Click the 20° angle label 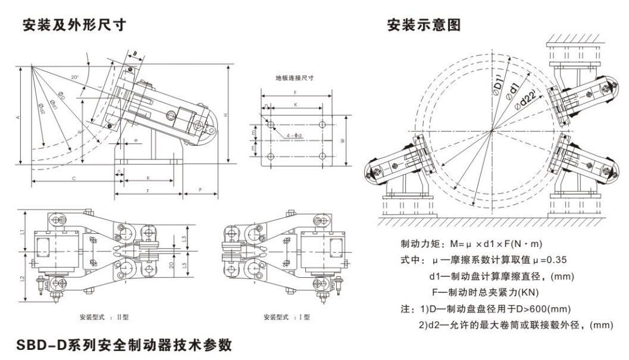74,77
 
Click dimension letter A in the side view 18,117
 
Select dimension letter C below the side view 73,178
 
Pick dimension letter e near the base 136,140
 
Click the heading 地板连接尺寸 295,78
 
